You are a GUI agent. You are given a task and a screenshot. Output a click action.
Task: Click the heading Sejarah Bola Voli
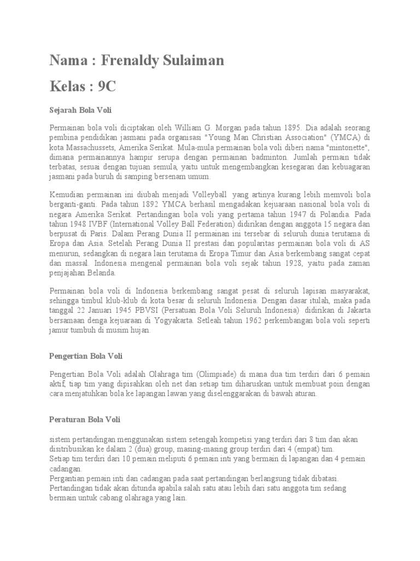[x=80, y=110]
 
